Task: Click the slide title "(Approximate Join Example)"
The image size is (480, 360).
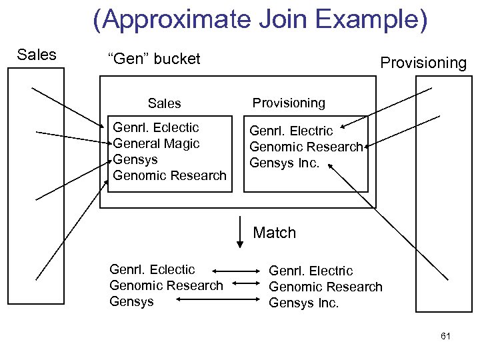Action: tap(261, 21)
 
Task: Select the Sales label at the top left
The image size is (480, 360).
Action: tap(37, 55)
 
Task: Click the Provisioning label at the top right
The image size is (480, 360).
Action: tap(423, 63)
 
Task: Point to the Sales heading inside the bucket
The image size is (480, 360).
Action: tap(164, 103)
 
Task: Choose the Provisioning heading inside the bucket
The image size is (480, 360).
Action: tap(289, 103)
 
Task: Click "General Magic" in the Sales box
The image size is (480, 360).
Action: tap(157, 143)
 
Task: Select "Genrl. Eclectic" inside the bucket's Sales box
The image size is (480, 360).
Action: tap(156, 127)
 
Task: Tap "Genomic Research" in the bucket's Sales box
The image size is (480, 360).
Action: tap(170, 175)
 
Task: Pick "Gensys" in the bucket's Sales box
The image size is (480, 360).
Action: tap(135, 159)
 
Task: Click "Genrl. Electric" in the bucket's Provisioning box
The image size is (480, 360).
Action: tap(291, 131)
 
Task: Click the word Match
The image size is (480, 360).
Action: tap(274, 233)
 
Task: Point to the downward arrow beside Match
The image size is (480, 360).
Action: tap(240, 233)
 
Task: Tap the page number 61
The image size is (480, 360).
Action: tap(445, 336)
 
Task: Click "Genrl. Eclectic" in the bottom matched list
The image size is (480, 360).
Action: tap(152, 269)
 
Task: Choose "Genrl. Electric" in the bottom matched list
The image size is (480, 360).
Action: tap(311, 271)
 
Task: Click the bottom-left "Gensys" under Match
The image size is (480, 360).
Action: tap(131, 301)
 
